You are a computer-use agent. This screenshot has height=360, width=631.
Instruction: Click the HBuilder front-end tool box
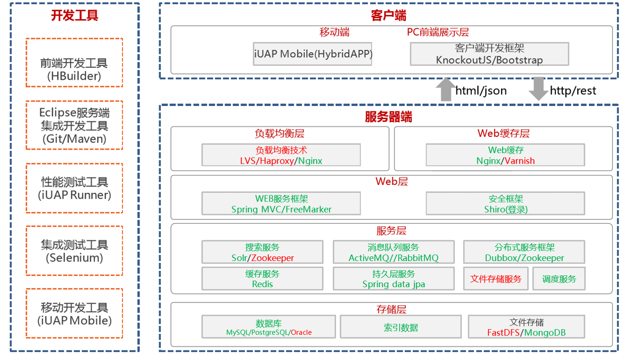[74, 63]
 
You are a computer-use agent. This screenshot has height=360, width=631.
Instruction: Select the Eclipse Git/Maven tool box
[74, 125]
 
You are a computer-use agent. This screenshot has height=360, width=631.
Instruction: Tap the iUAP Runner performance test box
[74, 188]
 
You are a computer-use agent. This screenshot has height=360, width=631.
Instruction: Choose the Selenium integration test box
[74, 251]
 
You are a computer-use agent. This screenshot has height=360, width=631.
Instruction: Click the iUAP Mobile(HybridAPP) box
[313, 54]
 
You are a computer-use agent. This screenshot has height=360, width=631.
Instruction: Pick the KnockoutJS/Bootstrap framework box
[489, 54]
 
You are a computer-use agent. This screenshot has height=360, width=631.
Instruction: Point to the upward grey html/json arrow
[445, 89]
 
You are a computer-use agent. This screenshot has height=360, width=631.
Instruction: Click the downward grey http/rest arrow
[538, 88]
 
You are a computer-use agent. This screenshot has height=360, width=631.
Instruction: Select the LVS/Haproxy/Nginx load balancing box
[281, 155]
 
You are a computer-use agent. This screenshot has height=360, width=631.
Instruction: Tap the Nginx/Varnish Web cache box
[505, 155]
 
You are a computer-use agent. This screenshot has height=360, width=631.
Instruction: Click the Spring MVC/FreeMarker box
[281, 203]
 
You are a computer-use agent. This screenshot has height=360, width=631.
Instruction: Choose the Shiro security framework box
[505, 203]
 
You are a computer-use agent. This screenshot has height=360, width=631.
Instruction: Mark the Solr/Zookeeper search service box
[262, 252]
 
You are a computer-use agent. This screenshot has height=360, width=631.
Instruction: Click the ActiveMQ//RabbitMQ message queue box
[393, 252]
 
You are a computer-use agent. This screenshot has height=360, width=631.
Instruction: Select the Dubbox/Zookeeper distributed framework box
[523, 252]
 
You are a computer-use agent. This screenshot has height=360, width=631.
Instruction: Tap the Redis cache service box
[262, 278]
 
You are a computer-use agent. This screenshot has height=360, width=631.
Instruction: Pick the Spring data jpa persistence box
[393, 278]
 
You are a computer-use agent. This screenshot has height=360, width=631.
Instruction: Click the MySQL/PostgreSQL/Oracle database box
[268, 326]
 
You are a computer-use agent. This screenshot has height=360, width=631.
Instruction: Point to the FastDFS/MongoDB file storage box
[526, 326]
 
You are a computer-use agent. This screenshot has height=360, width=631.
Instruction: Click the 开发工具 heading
[75, 15]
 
